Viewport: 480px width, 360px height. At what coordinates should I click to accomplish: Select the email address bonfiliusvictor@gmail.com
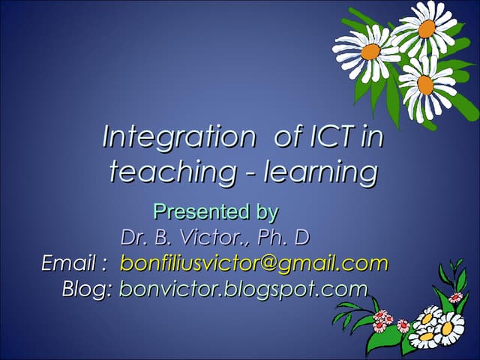tap(254, 263)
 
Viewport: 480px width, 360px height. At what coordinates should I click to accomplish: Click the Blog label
tap(86, 289)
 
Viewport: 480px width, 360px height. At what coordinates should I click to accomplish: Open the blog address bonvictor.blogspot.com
tap(243, 289)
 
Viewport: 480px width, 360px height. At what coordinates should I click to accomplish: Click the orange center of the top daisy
tap(427, 28)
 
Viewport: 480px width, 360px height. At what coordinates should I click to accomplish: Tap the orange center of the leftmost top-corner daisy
tap(370, 51)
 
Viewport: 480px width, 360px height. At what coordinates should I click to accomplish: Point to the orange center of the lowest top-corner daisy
tap(425, 85)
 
